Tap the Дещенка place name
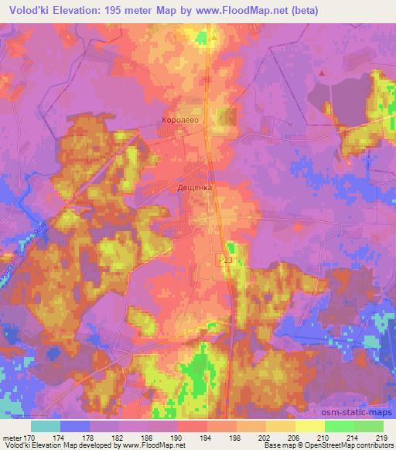pyautogui.click(x=195, y=187)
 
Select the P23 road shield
pyautogui.click(x=225, y=263)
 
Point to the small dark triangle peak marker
pyautogui.click(x=323, y=72)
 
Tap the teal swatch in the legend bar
pyautogui.click(x=46, y=426)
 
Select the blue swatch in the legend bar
pyautogui.click(x=75, y=426)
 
